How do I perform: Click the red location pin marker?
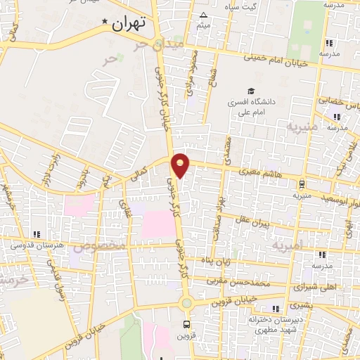pos(181,164)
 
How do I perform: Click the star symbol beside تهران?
pos(106,22)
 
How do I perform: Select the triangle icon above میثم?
pos(204,15)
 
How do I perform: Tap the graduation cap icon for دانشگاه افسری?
pos(250,91)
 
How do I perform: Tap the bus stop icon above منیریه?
pos(302,185)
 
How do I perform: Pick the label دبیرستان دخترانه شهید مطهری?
pos(264,325)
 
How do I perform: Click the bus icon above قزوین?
pos(186,324)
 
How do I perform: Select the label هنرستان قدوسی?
pos(35,245)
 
